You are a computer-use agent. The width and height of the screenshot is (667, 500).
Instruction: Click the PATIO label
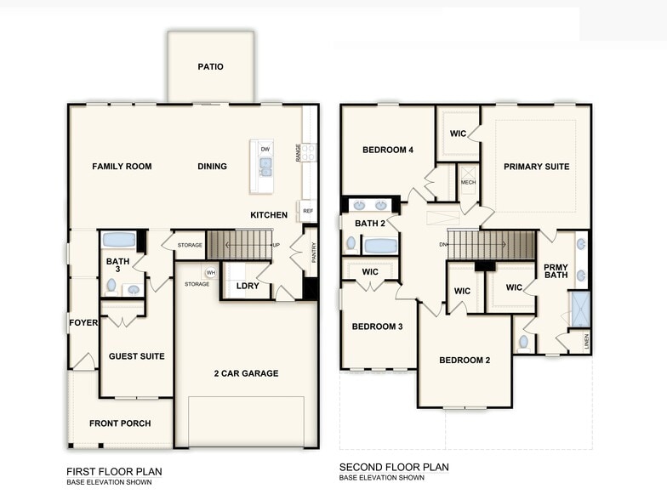click(210, 66)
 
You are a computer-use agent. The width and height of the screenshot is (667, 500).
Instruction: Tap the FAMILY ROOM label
click(122, 167)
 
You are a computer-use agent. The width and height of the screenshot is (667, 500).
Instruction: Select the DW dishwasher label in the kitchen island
click(265, 150)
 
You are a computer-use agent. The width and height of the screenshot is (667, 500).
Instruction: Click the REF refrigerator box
click(307, 210)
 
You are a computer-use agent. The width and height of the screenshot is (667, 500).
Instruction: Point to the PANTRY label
click(313, 252)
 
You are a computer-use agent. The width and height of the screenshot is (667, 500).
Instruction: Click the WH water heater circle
click(210, 272)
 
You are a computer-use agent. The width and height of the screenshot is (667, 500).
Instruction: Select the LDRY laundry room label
click(248, 286)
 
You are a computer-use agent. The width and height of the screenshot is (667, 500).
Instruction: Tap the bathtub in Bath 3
click(119, 240)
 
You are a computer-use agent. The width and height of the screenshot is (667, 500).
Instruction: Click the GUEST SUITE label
click(136, 356)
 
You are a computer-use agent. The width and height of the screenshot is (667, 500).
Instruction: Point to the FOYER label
click(83, 322)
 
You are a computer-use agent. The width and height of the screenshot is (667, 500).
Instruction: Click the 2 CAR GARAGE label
click(245, 373)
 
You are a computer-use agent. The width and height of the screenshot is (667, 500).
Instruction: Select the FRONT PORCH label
click(120, 423)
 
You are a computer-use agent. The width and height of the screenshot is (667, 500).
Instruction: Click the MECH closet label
click(468, 183)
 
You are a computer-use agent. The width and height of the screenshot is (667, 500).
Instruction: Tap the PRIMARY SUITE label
click(536, 167)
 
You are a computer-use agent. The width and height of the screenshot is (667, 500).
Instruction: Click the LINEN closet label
click(585, 342)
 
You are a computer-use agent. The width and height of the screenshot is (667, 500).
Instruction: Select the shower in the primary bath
click(580, 309)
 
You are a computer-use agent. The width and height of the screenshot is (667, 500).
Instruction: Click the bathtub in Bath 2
click(379, 246)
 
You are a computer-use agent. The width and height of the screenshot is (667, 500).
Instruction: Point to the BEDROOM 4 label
click(388, 151)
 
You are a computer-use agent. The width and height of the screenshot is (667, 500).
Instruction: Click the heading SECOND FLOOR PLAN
click(394, 467)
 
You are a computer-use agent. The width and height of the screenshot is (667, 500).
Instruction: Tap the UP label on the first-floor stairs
click(276, 245)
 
